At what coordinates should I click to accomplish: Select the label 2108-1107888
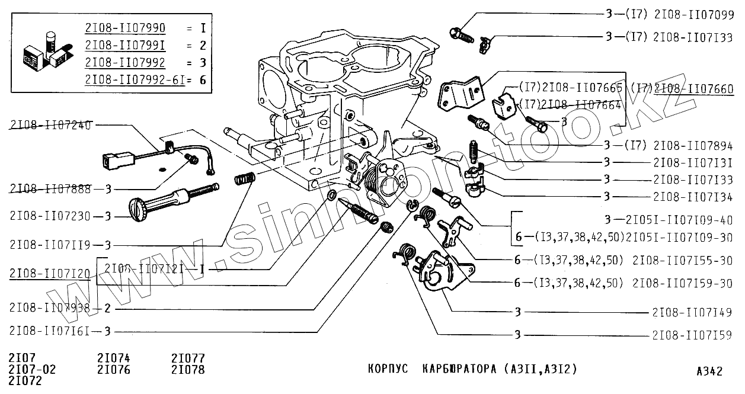(50, 189)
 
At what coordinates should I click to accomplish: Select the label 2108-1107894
(693, 146)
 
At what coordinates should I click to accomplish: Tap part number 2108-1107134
(693, 197)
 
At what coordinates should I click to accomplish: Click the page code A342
(709, 371)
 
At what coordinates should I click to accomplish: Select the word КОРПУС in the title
(388, 369)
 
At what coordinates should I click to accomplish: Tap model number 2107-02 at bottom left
(32, 370)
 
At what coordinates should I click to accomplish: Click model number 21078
(188, 370)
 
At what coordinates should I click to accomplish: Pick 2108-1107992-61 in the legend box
(133, 79)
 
